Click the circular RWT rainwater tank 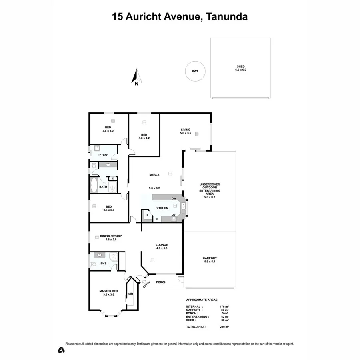coord(195,72)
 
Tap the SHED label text coord(240,66)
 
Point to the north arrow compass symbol coord(136,77)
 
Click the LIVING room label coord(185,130)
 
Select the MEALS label coord(154,175)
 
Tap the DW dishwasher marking coord(174,198)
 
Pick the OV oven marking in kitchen coord(174,215)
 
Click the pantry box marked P coord(147,216)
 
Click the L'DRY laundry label coord(103,155)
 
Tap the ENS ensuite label coord(103,263)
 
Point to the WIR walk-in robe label coord(130,294)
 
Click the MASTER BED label coord(108,291)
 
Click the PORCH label coord(161,282)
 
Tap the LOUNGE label coord(162,244)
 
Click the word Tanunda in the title coord(226,16)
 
